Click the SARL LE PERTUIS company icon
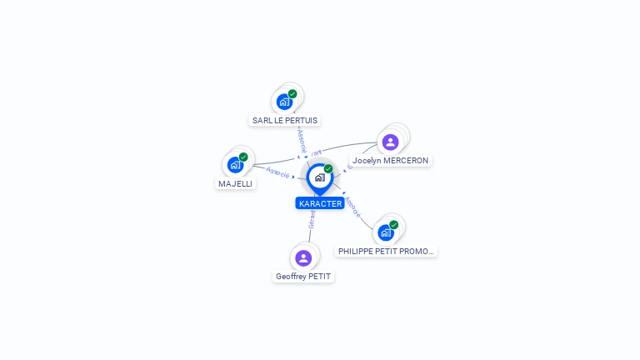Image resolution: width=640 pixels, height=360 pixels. coord(284,102)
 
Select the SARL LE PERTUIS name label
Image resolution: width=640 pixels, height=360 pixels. coord(285,120)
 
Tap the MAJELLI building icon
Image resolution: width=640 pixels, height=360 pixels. coord(235,164)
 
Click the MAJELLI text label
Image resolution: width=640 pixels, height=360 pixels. coord(235,183)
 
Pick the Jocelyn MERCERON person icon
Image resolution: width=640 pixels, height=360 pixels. coord(390,142)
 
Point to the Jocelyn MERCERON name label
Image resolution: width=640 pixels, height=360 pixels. coord(390,160)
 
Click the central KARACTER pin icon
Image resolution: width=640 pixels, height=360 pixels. coord(319,177)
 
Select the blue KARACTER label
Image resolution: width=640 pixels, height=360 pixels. coord(320,203)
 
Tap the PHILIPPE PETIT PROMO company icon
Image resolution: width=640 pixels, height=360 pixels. coord(385,232)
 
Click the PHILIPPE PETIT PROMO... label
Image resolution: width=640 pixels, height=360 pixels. coord(386,251)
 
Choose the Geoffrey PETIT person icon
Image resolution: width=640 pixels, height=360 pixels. coord(303,257)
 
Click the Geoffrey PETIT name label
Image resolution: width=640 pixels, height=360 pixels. coord(303,276)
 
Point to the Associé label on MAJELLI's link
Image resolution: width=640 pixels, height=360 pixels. coord(277,173)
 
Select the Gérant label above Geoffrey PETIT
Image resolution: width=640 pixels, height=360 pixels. coord(312,218)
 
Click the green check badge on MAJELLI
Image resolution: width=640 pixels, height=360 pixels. coord(243,157)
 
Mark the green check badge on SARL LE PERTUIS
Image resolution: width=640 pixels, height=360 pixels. coord(292,94)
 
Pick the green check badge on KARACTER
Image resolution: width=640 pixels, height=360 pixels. coord(328,169)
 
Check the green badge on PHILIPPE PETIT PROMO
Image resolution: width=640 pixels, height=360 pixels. coord(393,225)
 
